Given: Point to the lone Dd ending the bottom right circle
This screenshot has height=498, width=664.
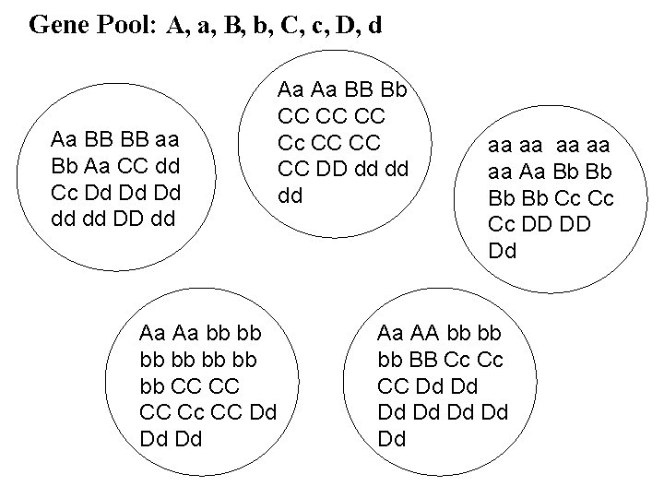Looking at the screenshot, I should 391,437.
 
